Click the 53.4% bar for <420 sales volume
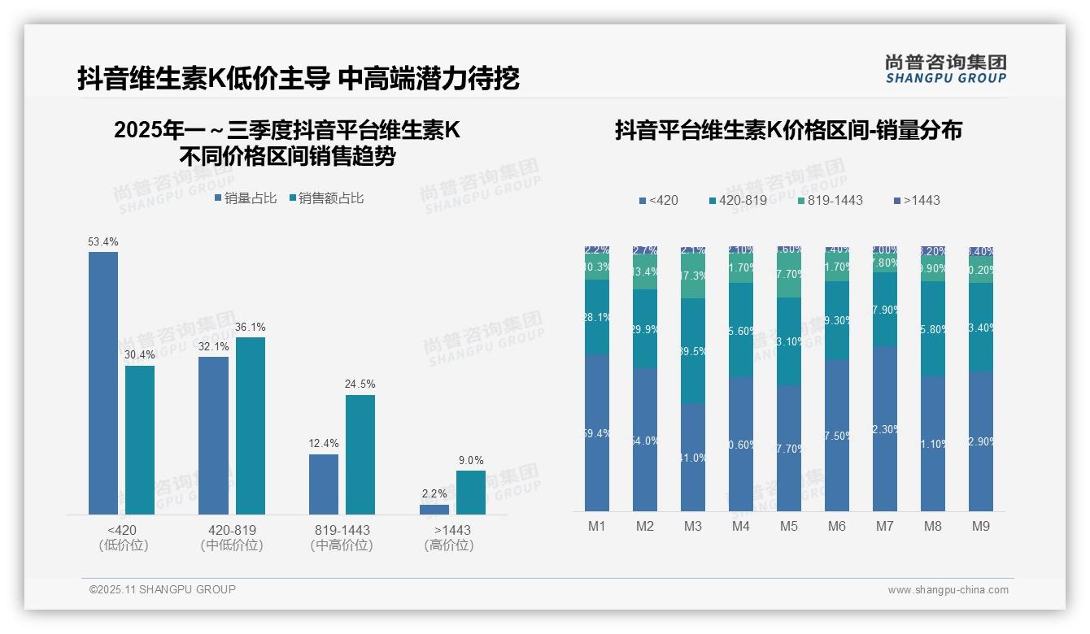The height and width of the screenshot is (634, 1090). coord(103,383)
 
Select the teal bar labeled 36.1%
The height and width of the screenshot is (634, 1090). coord(251,426)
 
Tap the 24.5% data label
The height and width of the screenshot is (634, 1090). coord(360,384)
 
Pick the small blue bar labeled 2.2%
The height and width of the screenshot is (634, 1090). coord(434,510)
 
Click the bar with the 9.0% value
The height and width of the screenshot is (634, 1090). coord(470,493)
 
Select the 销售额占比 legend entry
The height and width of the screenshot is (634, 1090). coord(326,198)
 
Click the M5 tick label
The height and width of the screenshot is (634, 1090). coord(788,526)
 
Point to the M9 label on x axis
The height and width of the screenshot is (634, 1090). coord(981,526)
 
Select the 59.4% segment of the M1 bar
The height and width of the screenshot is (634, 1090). coord(597,432)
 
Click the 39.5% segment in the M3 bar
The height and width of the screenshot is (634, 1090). coord(693,351)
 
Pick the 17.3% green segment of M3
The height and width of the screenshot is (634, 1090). coord(693,276)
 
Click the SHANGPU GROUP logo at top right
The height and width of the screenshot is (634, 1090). coord(945,69)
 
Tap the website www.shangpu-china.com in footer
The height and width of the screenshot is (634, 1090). coord(948,590)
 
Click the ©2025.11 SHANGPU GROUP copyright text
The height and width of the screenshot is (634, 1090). coord(163,589)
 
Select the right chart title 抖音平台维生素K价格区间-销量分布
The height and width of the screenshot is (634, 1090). coord(788,130)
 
